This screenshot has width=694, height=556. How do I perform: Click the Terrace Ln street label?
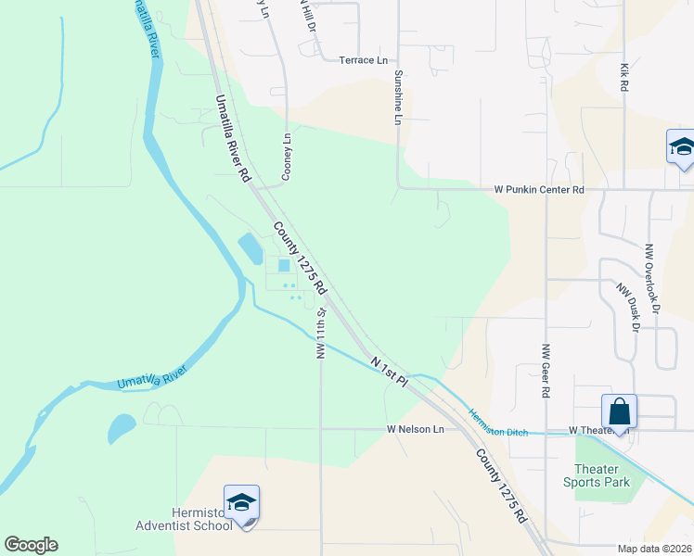(x=363, y=60)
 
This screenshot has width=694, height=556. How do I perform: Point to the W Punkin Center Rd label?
(x=539, y=190)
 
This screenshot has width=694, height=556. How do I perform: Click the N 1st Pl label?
(x=390, y=369)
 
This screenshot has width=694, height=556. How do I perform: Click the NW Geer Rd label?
(x=546, y=371)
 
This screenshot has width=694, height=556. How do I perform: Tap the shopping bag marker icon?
(x=619, y=410)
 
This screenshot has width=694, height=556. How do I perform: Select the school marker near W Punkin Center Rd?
(x=682, y=147)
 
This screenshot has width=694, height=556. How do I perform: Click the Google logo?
(x=31, y=545)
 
